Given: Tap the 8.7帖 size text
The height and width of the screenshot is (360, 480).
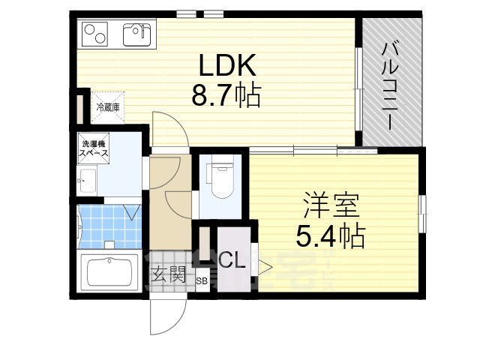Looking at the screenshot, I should [x=226, y=96].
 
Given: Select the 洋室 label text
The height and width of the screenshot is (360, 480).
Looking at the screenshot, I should [x=332, y=205].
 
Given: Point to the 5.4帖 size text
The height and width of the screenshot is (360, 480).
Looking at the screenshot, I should [x=330, y=237].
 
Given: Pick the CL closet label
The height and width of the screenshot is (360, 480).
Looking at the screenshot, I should [x=232, y=262].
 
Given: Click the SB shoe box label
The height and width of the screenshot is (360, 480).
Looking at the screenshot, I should [x=202, y=281].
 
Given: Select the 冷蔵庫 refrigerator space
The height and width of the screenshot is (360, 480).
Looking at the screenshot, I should [x=106, y=107].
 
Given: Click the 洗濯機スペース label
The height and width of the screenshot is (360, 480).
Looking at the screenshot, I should [x=94, y=148].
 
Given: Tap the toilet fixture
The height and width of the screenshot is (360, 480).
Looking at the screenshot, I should [x=223, y=180].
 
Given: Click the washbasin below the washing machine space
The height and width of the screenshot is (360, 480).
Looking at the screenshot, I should [x=85, y=180].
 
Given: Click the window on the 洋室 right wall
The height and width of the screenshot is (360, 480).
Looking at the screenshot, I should [x=422, y=214].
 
